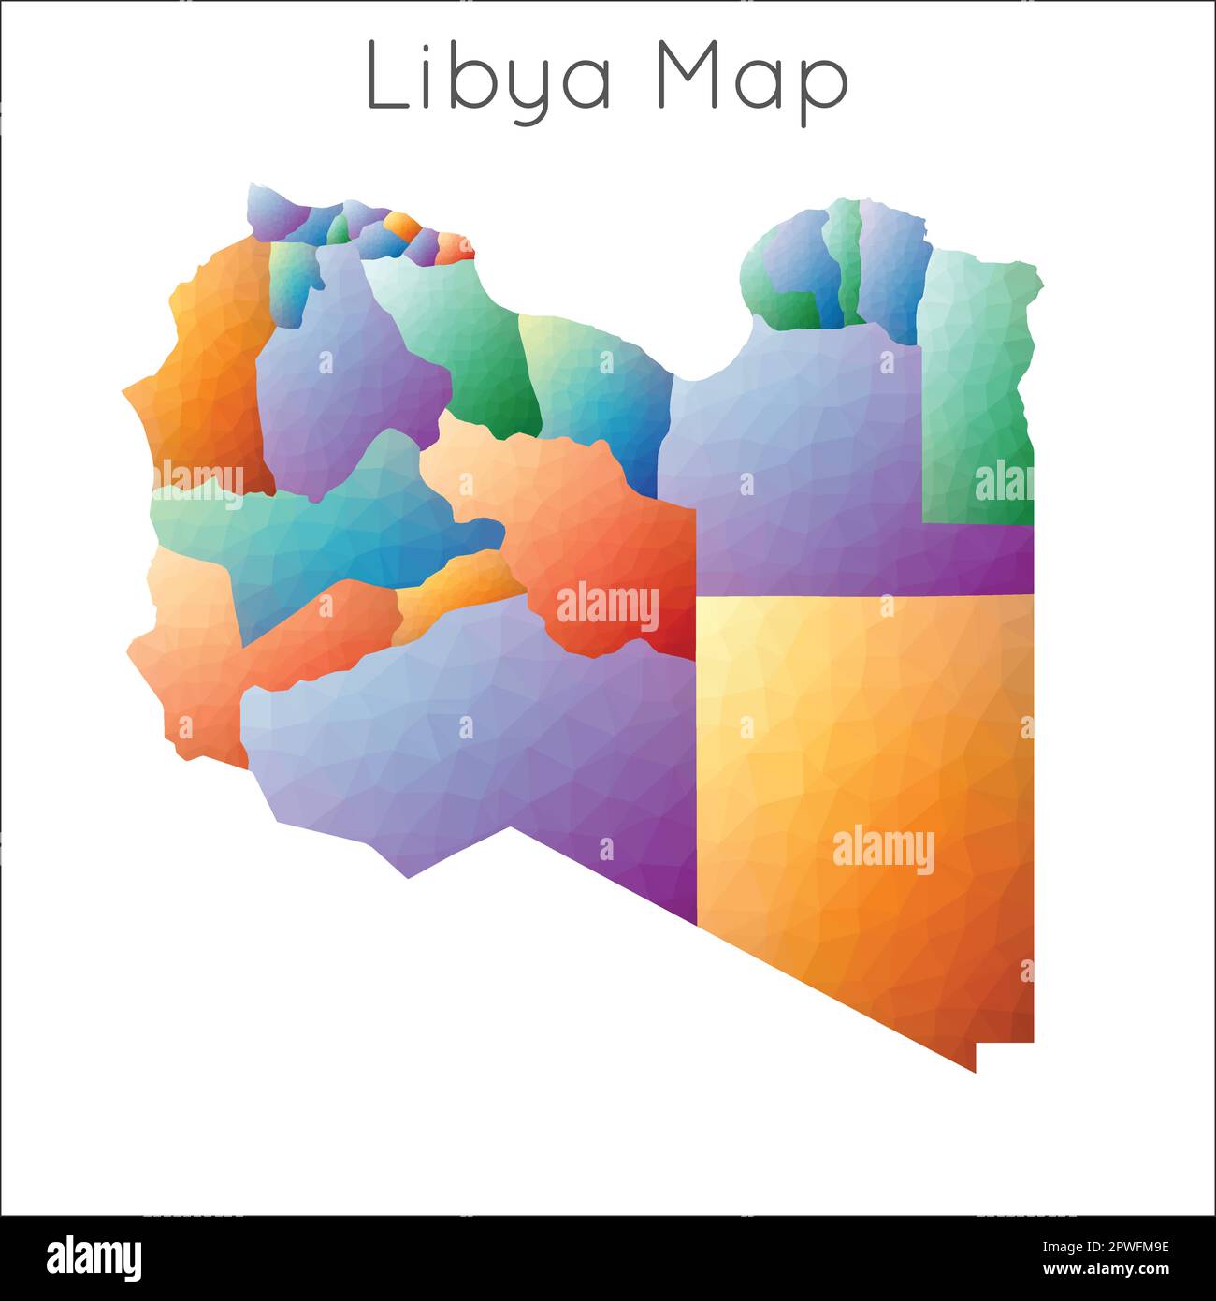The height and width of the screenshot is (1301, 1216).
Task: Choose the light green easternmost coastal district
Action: click(977, 374)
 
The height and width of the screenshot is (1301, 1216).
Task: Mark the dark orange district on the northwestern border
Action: click(206, 374)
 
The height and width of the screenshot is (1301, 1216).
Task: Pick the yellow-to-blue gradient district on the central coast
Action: click(599, 393)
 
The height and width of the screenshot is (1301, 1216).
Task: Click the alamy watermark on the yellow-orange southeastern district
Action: click(883, 850)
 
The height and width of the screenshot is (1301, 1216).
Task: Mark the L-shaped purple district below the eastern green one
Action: click(795, 468)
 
